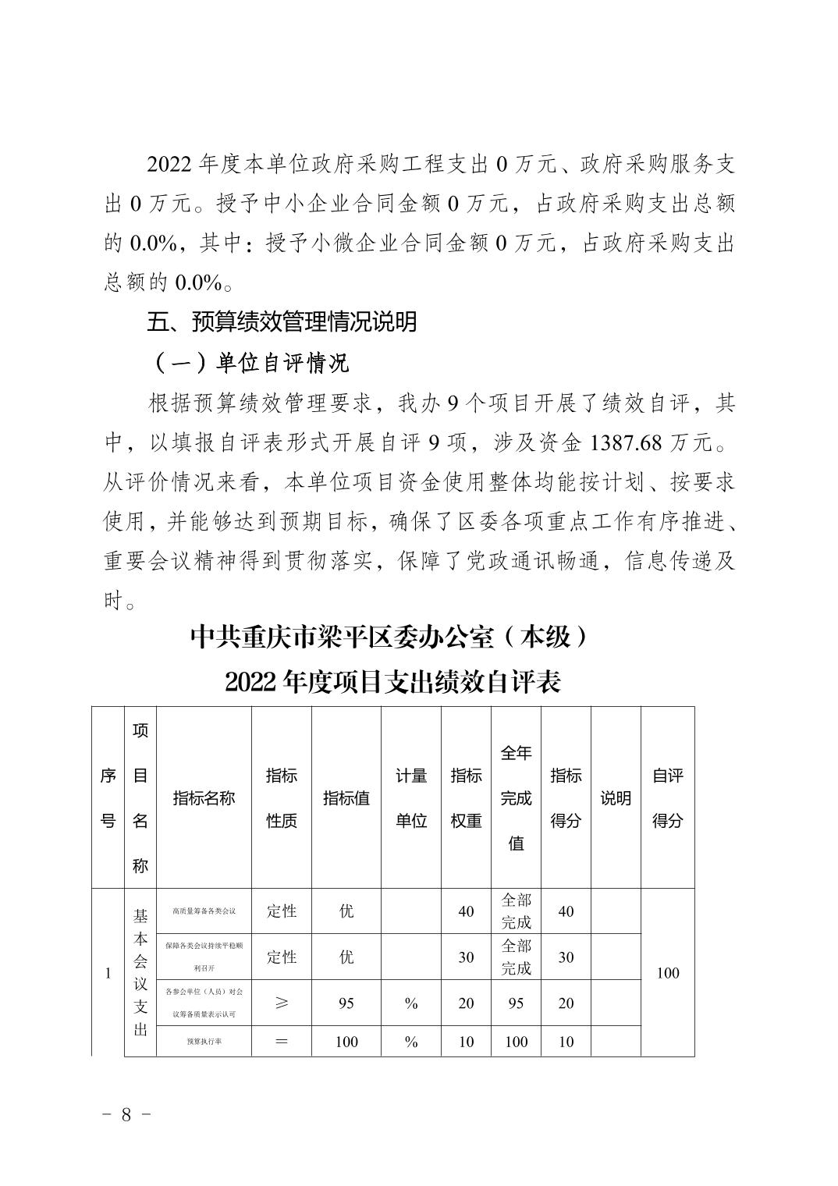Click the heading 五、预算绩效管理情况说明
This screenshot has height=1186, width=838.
click(282, 321)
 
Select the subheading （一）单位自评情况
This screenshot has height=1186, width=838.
click(249, 362)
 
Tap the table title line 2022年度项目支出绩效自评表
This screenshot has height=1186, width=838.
click(392, 682)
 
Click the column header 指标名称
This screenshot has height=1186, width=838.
click(204, 797)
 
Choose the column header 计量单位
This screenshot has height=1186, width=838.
click(411, 797)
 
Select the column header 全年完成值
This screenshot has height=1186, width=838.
click(516, 797)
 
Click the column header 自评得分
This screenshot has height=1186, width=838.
click(668, 797)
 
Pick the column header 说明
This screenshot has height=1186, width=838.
click(616, 797)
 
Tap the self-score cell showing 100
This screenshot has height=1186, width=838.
click(668, 973)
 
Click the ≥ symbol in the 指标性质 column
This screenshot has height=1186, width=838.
click(282, 1003)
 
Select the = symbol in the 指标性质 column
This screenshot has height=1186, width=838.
click(282, 1041)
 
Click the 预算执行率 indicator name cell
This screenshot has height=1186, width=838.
click(204, 1041)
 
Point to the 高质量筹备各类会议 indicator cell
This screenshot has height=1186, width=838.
click(204, 911)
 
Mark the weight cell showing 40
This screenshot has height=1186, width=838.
click(466, 911)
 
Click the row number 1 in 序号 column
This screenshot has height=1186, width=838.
click(108, 973)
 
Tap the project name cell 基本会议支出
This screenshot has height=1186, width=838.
click(140, 973)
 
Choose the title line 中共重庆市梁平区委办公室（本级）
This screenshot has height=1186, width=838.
click(388, 638)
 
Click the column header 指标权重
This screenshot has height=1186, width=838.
click(466, 797)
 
